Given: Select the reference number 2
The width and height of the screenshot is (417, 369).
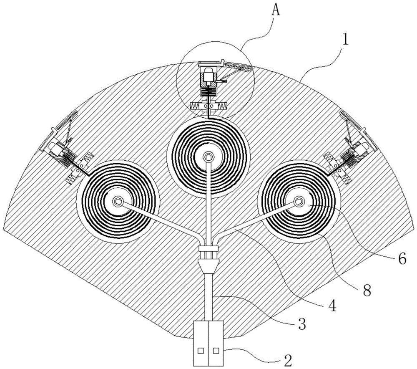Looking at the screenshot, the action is [288, 360].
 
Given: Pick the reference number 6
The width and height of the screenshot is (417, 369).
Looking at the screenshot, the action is [402, 258].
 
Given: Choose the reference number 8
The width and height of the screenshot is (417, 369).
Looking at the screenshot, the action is [367, 291].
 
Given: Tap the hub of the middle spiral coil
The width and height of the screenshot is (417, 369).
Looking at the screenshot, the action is [208, 157].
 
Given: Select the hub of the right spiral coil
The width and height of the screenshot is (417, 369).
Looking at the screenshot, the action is [299, 202].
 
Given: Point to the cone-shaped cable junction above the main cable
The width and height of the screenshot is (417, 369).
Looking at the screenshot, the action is [208, 266].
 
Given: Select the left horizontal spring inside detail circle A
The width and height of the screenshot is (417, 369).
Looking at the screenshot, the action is [196, 106].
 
